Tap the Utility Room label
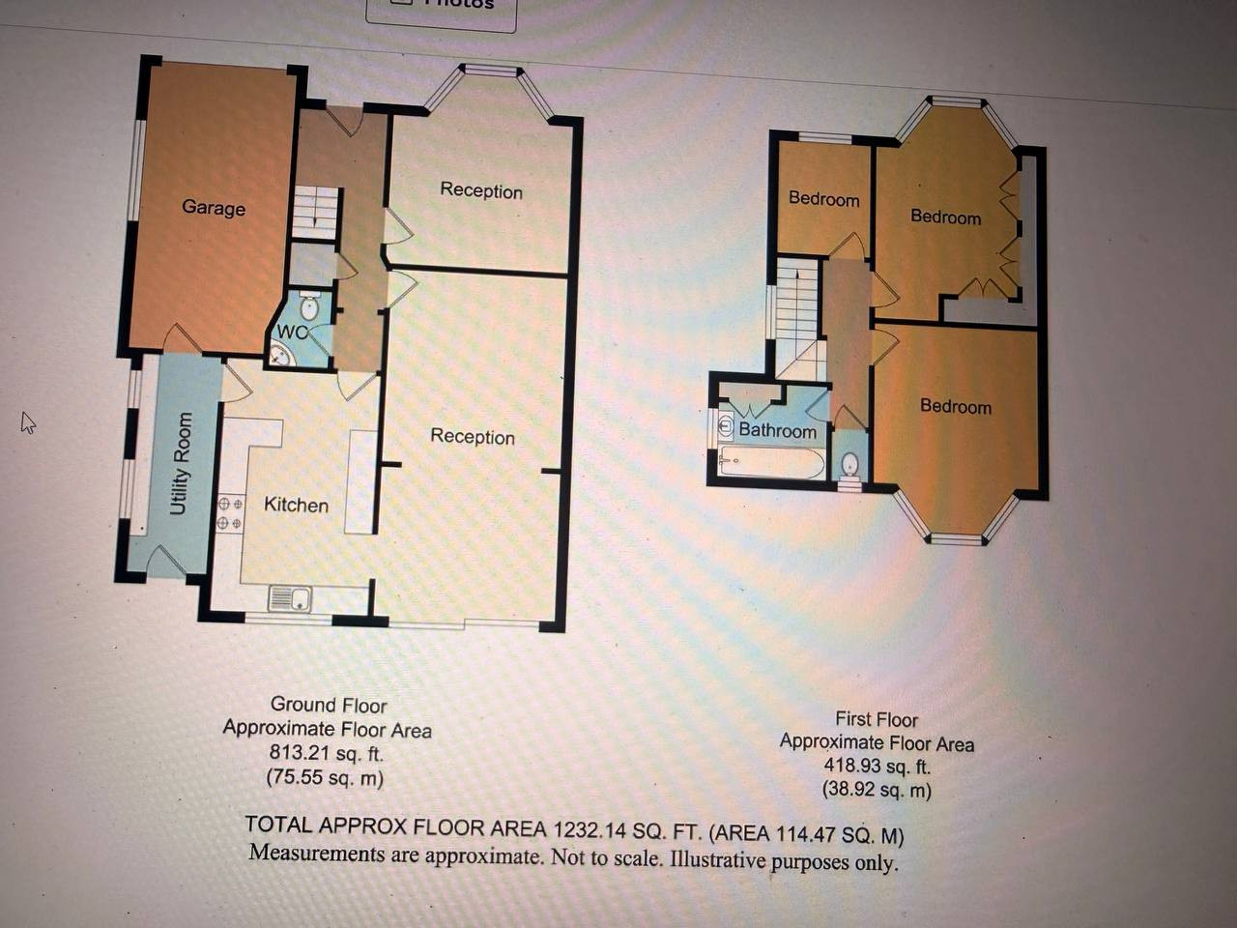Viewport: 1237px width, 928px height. point(181,464)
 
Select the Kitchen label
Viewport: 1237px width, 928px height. point(296,505)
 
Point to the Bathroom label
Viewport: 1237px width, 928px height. point(778,430)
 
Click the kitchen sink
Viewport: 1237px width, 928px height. point(290,598)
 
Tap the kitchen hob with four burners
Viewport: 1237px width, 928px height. point(230,512)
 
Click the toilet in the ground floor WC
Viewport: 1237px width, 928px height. point(309,306)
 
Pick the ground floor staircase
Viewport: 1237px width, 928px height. point(315,213)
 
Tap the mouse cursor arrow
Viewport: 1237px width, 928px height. point(28,422)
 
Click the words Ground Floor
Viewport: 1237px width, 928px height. point(329,705)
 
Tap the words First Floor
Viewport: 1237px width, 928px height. point(877,719)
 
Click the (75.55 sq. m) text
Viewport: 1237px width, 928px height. point(325,777)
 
